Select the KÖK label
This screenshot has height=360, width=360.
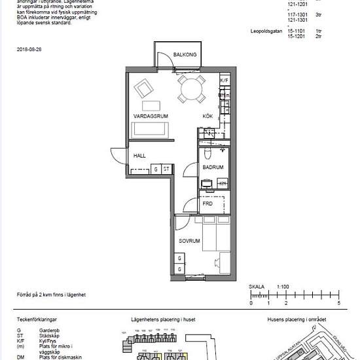click(208, 116)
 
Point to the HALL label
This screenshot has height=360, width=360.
click(139, 156)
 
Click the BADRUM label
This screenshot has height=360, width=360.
click(213, 168)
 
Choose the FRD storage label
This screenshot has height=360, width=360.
click(207, 204)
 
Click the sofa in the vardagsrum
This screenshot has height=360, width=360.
click(151, 130)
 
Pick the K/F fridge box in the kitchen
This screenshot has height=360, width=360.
click(224, 81)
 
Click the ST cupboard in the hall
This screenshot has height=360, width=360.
click(166, 170)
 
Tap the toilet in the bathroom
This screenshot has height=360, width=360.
click(207, 153)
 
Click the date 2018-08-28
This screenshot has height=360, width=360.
click(29, 49)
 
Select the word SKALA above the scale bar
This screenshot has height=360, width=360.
click(257, 287)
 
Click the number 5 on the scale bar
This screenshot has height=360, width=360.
click(338, 304)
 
